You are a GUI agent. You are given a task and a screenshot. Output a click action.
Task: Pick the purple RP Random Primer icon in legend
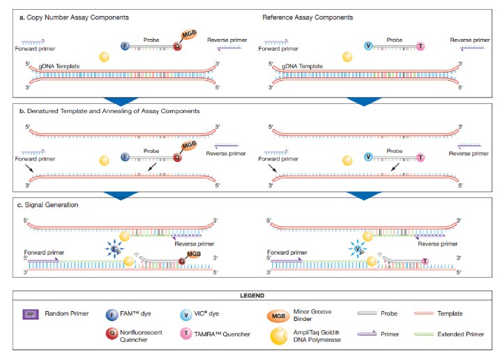pyautogui.click(x=28, y=314)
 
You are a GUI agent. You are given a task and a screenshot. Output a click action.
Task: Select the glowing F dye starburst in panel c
pyautogui.click(x=112, y=248)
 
